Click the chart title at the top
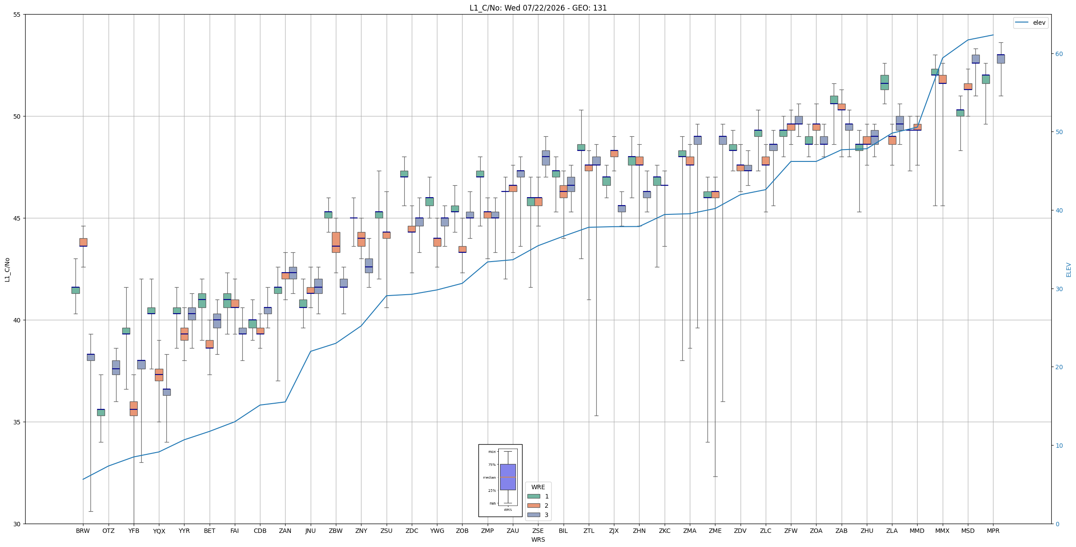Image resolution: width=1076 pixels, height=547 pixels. pyautogui.click(x=538, y=8)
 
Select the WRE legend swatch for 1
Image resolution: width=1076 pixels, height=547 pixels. pyautogui.click(x=534, y=496)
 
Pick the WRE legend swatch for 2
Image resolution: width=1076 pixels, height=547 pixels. pyautogui.click(x=534, y=506)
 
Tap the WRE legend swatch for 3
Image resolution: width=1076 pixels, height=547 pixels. pyautogui.click(x=534, y=515)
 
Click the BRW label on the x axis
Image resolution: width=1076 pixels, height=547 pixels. pyautogui.click(x=83, y=531)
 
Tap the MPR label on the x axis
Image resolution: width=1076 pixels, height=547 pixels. pyautogui.click(x=993, y=531)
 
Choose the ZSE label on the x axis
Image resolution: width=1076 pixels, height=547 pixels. pyautogui.click(x=538, y=531)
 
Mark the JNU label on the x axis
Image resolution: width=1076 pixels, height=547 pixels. pyautogui.click(x=311, y=531)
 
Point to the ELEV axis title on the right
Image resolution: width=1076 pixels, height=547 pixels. pyautogui.click(x=1068, y=270)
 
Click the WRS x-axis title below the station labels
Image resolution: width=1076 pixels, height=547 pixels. pyautogui.click(x=538, y=540)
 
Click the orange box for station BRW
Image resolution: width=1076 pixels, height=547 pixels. pyautogui.click(x=83, y=242)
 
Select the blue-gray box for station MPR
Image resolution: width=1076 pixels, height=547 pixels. pyautogui.click(x=1001, y=59)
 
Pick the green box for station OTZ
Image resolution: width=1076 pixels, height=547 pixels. pyautogui.click(x=101, y=412)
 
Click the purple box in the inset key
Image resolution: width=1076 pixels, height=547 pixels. pyautogui.click(x=508, y=477)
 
